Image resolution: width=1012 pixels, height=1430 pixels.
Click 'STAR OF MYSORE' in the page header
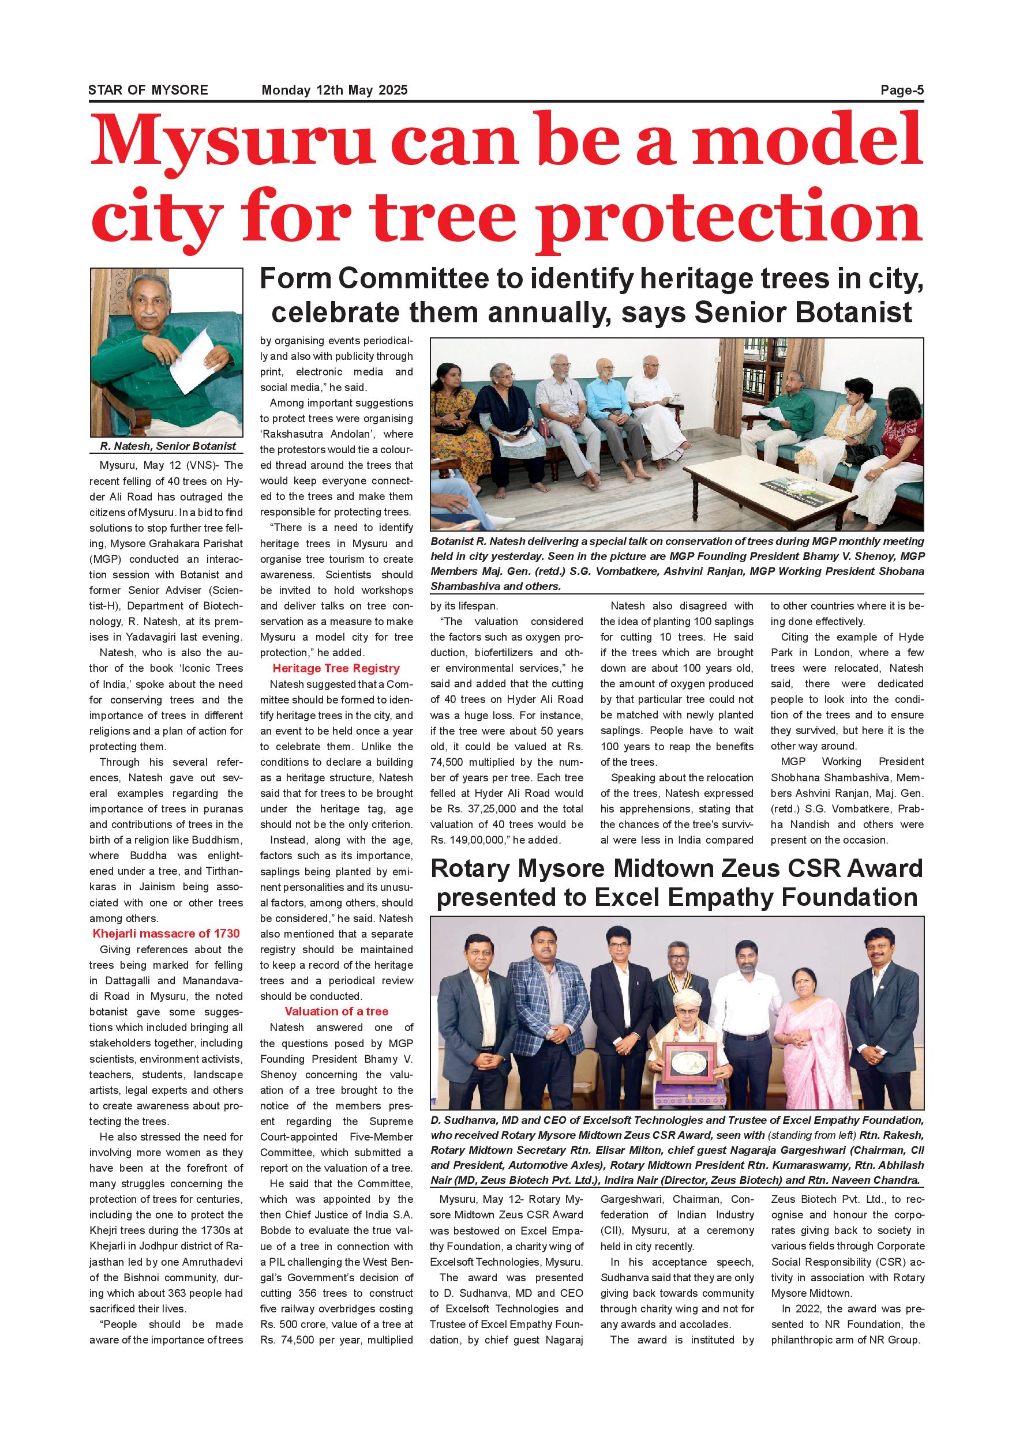[148, 90]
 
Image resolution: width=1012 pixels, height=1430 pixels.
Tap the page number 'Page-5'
[901, 90]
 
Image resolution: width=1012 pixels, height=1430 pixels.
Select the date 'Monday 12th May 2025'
[334, 90]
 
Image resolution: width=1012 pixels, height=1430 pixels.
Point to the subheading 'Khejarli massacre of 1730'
[166, 933]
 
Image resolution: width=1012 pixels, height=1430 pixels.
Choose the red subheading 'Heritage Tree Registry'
[336, 668]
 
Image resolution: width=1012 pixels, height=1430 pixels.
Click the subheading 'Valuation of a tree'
[336, 1011]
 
